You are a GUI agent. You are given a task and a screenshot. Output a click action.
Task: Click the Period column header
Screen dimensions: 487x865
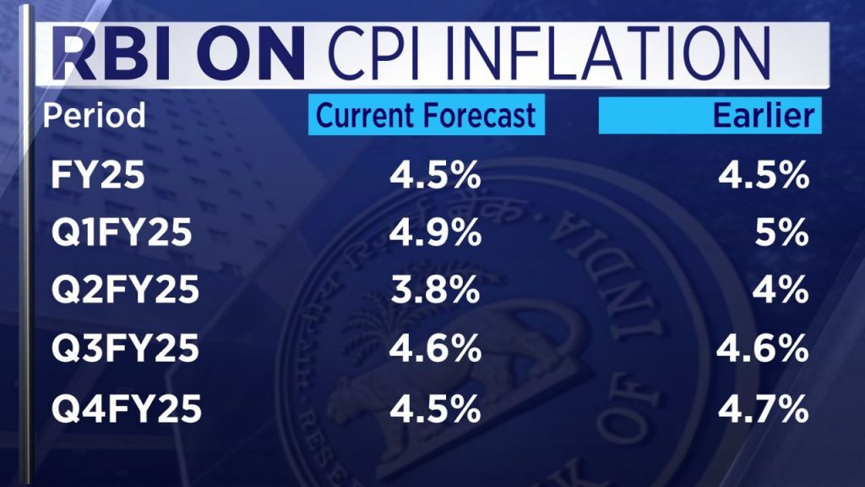click(x=94, y=115)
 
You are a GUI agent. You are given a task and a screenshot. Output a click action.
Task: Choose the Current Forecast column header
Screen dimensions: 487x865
click(x=427, y=115)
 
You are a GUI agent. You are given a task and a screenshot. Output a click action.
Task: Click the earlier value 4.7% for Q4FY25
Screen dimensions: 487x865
click(x=763, y=410)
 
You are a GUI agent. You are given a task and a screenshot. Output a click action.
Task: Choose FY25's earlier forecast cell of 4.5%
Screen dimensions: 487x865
click(x=763, y=178)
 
